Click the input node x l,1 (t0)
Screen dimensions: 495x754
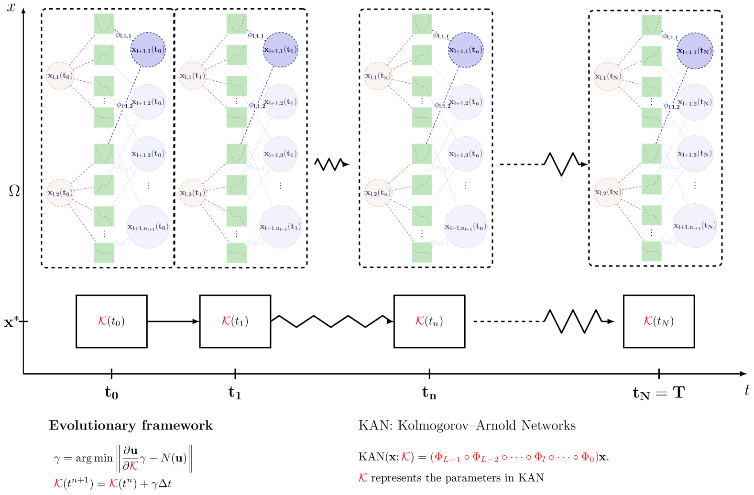tap(60, 76)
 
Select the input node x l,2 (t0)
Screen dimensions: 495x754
tap(60, 193)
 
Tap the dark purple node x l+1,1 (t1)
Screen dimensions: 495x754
tap(281, 50)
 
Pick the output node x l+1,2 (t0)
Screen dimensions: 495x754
tap(148, 102)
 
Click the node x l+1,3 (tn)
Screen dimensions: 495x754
tap(466, 154)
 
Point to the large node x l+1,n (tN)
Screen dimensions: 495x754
tap(695, 226)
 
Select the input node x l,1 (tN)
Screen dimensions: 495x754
tap(608, 77)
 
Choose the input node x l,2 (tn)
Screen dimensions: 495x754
tap(378, 193)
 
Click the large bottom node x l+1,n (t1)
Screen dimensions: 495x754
tap(281, 227)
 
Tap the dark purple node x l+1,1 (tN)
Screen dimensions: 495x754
tap(695, 51)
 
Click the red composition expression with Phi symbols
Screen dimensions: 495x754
tap(514, 457)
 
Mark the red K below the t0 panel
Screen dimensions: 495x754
tap(102, 320)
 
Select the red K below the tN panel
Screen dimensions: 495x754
tap(648, 320)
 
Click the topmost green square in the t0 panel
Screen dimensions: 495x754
tap(104, 24)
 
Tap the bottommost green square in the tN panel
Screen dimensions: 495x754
tap(651, 252)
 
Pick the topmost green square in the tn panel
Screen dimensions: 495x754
tap(422, 24)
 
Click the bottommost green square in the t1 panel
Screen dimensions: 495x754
tap(237, 253)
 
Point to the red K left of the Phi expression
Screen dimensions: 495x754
tap(405, 457)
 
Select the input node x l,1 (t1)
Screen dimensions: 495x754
tap(193, 76)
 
